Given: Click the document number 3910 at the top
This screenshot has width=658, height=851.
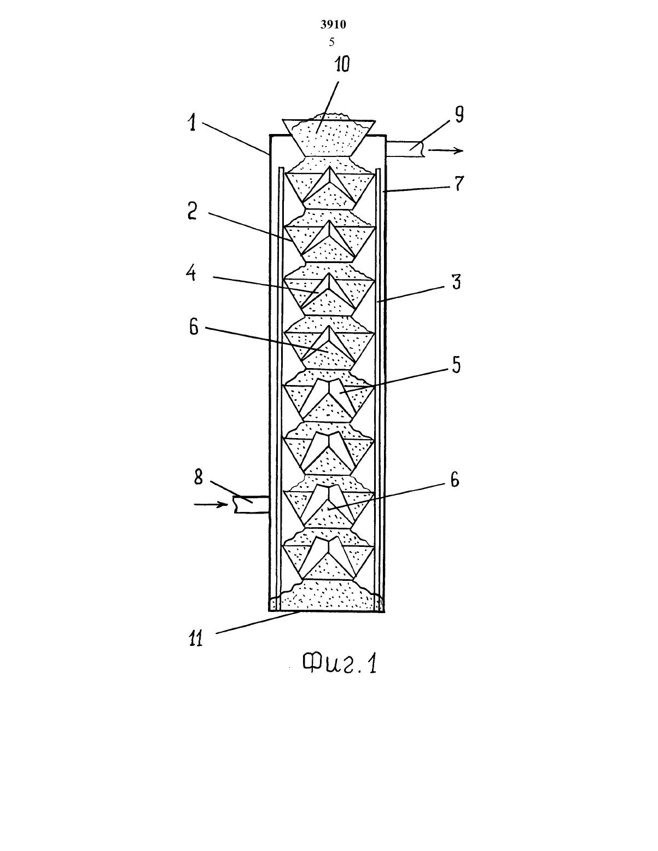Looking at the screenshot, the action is click(333, 25).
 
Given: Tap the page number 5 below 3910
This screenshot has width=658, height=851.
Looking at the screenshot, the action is click(332, 42).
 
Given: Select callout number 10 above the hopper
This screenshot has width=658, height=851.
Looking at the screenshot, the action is click(342, 64).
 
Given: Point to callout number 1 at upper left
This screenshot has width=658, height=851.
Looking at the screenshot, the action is click(192, 122).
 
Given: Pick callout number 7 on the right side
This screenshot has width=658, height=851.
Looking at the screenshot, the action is click(459, 183).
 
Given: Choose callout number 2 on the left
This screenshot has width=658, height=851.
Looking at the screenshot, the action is click(191, 211).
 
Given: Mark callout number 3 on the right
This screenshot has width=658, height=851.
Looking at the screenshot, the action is click(456, 282).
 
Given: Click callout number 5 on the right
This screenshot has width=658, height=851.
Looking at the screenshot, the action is click(456, 365).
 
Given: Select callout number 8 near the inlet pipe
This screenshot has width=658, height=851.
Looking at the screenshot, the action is click(199, 477).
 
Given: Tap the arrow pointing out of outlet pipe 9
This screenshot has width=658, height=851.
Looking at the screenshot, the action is click(445, 150).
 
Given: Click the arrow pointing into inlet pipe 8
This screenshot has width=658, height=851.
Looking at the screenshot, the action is click(211, 504).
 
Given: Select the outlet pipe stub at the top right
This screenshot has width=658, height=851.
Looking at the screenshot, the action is click(406, 150).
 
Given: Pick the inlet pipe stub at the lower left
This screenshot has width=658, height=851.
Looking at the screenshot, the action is click(251, 505).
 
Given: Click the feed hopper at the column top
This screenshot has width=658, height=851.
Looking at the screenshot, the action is click(329, 136).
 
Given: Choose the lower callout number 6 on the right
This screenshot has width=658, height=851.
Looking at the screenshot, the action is click(455, 479).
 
